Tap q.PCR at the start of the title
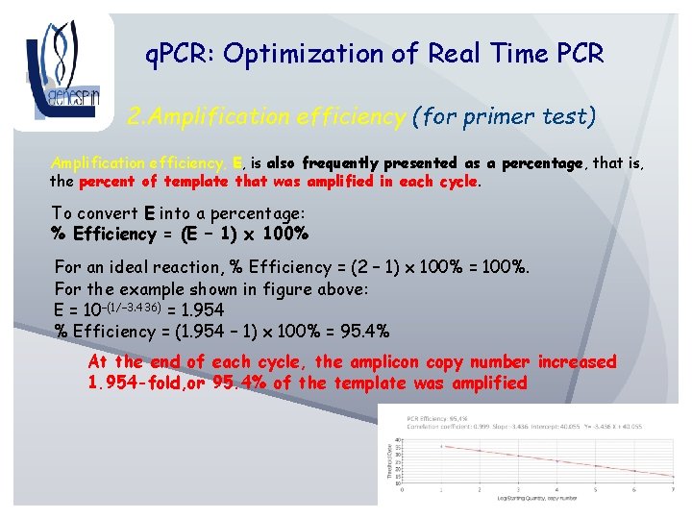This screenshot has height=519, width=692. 179,54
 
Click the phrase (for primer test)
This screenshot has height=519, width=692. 505,117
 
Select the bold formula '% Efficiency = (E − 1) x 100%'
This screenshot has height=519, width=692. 179,234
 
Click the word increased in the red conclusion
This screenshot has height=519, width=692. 577,362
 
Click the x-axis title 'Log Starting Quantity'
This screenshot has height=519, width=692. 538,498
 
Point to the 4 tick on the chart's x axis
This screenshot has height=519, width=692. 557,490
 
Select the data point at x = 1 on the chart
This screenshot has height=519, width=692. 441,446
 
